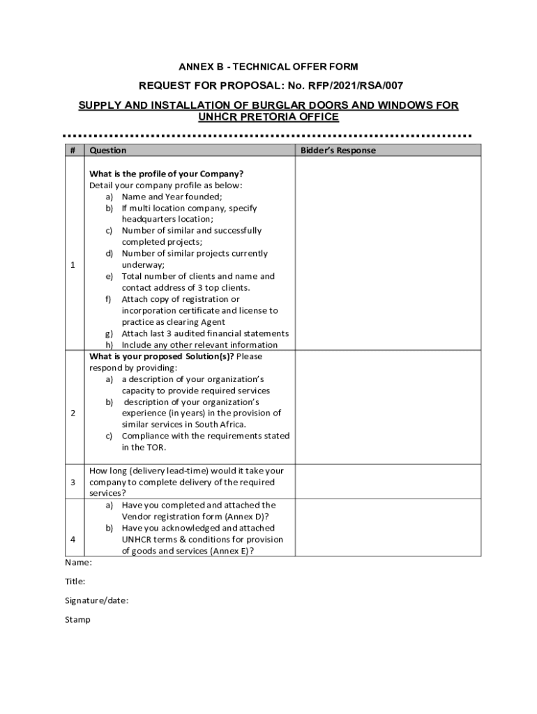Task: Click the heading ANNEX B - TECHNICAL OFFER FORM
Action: pos(268,67)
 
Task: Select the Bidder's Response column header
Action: pos(338,151)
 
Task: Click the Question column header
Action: pos(107,151)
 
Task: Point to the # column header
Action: pos(73,151)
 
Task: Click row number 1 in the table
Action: pos(73,265)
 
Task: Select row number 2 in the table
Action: pos(73,413)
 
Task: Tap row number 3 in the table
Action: pos(73,483)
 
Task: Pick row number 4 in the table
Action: pos(73,540)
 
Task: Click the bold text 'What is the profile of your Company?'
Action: pos(166,174)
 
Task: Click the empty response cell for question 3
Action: pos(388,482)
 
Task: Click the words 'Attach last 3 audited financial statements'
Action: pos(205,333)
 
